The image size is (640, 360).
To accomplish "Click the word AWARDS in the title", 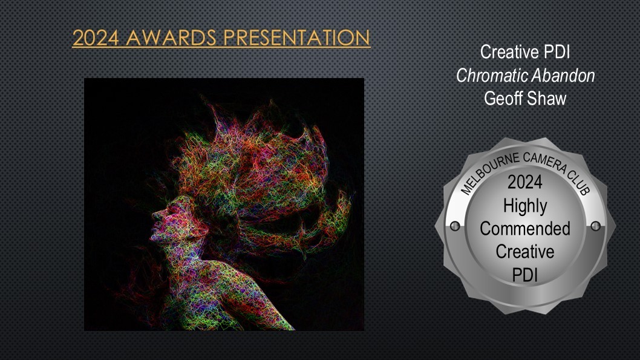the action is click(x=171, y=38).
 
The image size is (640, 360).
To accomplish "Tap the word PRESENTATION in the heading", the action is click(x=297, y=38).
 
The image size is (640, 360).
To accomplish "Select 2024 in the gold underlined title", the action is click(x=96, y=38).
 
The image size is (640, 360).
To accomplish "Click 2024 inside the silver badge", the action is click(x=525, y=182).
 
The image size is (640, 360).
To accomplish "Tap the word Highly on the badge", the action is click(x=525, y=206).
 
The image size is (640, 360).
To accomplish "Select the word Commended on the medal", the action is click(x=525, y=229).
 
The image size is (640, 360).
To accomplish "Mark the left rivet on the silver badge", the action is click(x=455, y=226).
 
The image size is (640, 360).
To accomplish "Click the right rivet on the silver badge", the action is click(x=595, y=226).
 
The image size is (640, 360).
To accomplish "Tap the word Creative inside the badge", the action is click(x=525, y=252).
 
